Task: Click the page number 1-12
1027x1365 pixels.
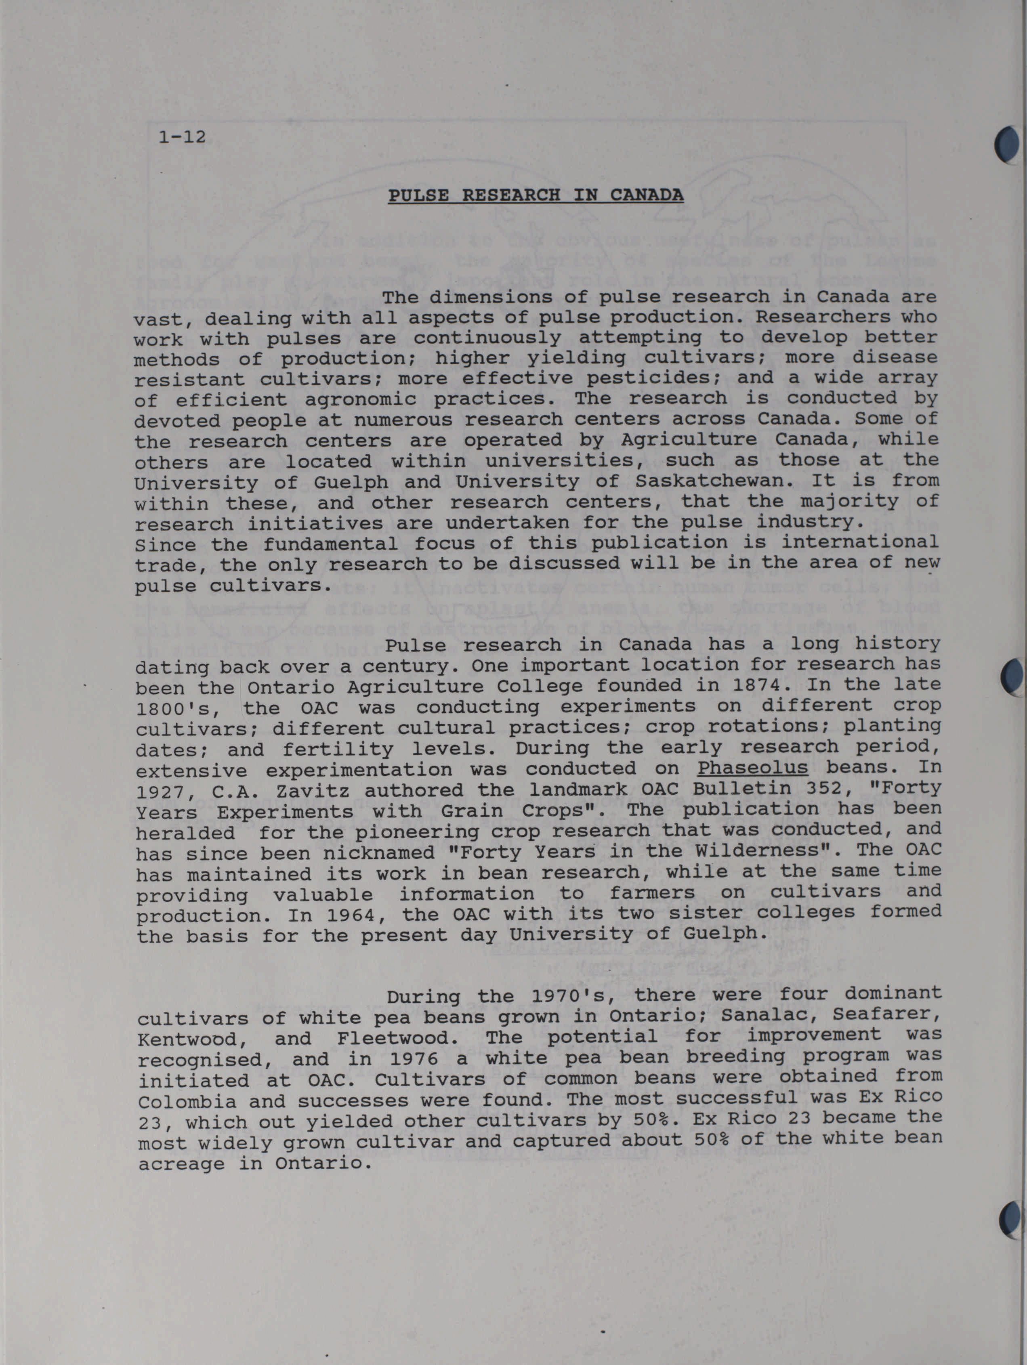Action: (x=182, y=136)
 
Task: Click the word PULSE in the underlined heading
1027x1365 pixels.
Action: (x=418, y=195)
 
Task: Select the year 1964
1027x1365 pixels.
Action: (x=364, y=914)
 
